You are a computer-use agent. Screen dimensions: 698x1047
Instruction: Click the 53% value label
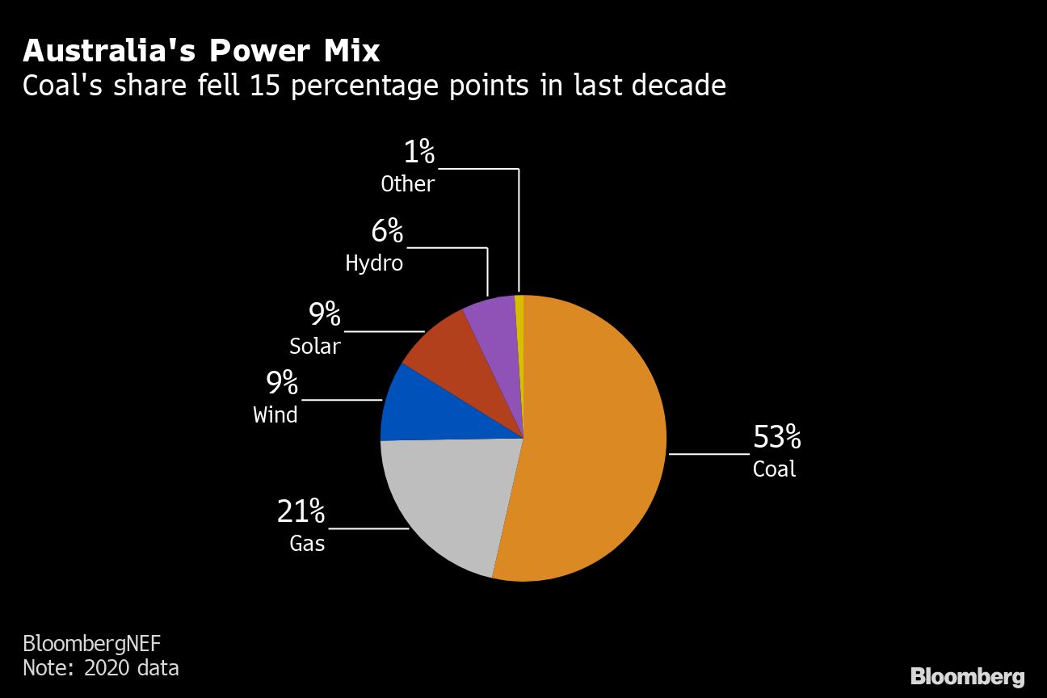(776, 437)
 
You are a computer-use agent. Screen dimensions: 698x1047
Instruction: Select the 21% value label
(301, 511)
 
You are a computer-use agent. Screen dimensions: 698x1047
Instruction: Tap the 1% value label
(418, 152)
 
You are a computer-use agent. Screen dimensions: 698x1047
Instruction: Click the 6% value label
(387, 232)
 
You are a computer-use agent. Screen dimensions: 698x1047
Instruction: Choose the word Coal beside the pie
(774, 469)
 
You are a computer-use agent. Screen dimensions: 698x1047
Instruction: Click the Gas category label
(307, 543)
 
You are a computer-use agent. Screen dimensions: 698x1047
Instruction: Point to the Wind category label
(275, 414)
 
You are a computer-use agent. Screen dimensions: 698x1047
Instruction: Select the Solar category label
(314, 346)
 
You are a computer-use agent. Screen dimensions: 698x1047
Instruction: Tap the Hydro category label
(373, 263)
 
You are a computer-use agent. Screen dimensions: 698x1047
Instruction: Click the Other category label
(407, 184)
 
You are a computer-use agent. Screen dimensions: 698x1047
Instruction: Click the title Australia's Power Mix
(201, 51)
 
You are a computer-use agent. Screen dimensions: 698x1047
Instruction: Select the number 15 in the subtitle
(265, 85)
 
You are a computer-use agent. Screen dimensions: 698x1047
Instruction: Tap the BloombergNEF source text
(91, 644)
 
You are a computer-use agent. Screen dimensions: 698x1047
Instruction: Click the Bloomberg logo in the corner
(967, 676)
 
